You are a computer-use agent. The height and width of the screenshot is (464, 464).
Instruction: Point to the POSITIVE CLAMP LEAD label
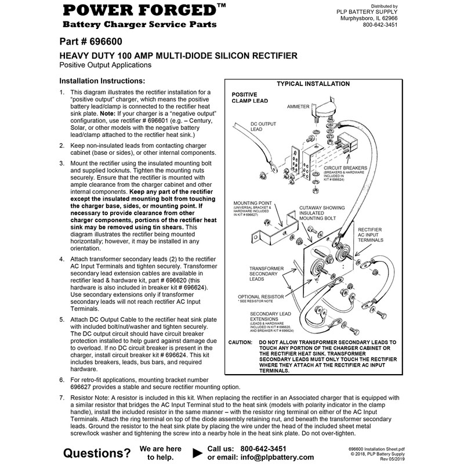coord(249,97)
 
